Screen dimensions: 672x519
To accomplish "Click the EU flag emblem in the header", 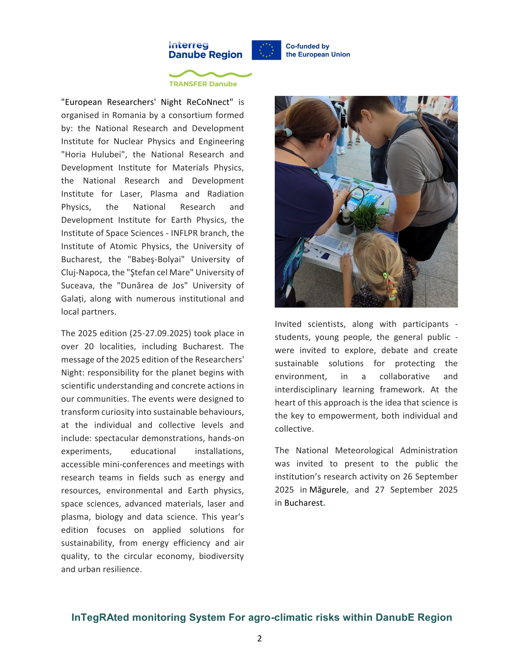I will (x=266, y=50).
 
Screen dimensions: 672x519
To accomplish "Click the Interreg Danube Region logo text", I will (x=205, y=50).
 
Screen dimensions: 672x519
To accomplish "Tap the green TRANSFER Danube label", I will (x=203, y=84).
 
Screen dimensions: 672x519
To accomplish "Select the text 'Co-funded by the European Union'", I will (x=318, y=50).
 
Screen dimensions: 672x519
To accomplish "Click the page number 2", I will (x=259, y=638).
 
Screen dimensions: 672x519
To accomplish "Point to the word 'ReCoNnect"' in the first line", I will (x=210, y=102).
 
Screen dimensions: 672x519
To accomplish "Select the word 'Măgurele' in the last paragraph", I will (x=328, y=490).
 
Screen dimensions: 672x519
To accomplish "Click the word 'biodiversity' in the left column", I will (x=221, y=556).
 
